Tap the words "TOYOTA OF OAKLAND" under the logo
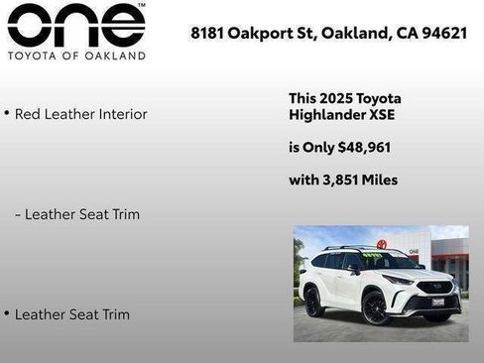pyautogui.click(x=76, y=56)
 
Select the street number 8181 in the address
pyautogui.click(x=206, y=33)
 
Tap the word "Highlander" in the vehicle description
pyautogui.click(x=325, y=115)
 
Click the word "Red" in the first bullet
pyautogui.click(x=29, y=114)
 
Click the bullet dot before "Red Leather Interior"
pyautogui.click(x=7, y=113)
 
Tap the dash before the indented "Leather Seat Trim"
pyautogui.click(x=18, y=214)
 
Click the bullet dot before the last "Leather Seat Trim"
pyautogui.click(x=7, y=313)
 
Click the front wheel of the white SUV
pyautogui.click(x=375, y=307)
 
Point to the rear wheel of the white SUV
pyautogui.click(x=314, y=301)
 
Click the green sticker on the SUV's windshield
pyautogui.click(x=372, y=256)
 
